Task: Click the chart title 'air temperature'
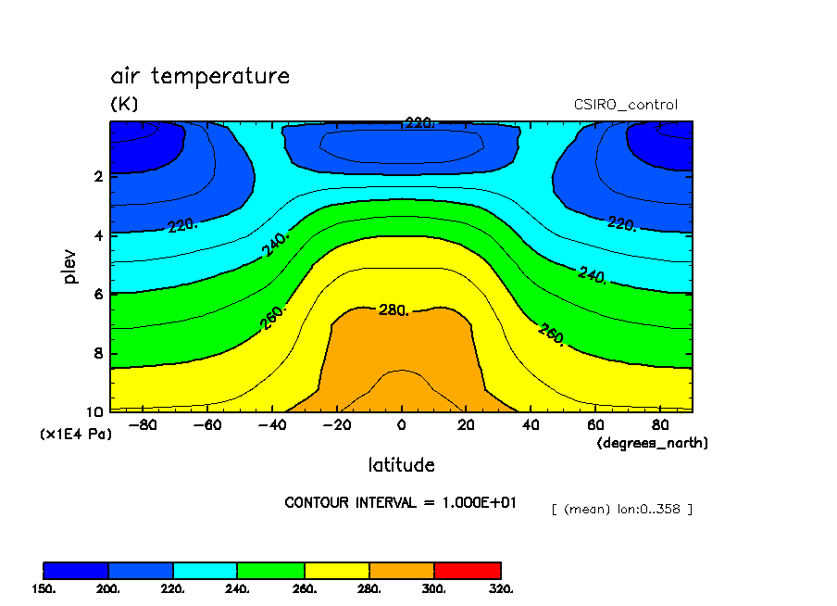pyautogui.click(x=200, y=76)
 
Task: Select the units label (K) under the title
pyautogui.click(x=124, y=105)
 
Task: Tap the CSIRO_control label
pyautogui.click(x=626, y=105)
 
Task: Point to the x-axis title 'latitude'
pyautogui.click(x=401, y=464)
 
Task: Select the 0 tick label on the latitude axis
pyautogui.click(x=401, y=425)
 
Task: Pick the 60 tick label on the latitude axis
pyautogui.click(x=596, y=425)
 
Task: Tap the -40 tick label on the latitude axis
pyautogui.click(x=269, y=425)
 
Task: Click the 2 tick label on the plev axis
pyautogui.click(x=97, y=176)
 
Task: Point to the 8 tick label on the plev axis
pyautogui.click(x=97, y=353)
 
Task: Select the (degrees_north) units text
pyautogui.click(x=652, y=443)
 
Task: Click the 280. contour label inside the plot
pyautogui.click(x=394, y=309)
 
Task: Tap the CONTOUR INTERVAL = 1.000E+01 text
pyautogui.click(x=401, y=502)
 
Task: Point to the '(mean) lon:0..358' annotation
pyautogui.click(x=621, y=509)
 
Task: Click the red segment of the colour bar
pyautogui.click(x=468, y=570)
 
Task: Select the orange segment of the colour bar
pyautogui.click(x=402, y=570)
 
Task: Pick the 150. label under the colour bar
pyautogui.click(x=44, y=588)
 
